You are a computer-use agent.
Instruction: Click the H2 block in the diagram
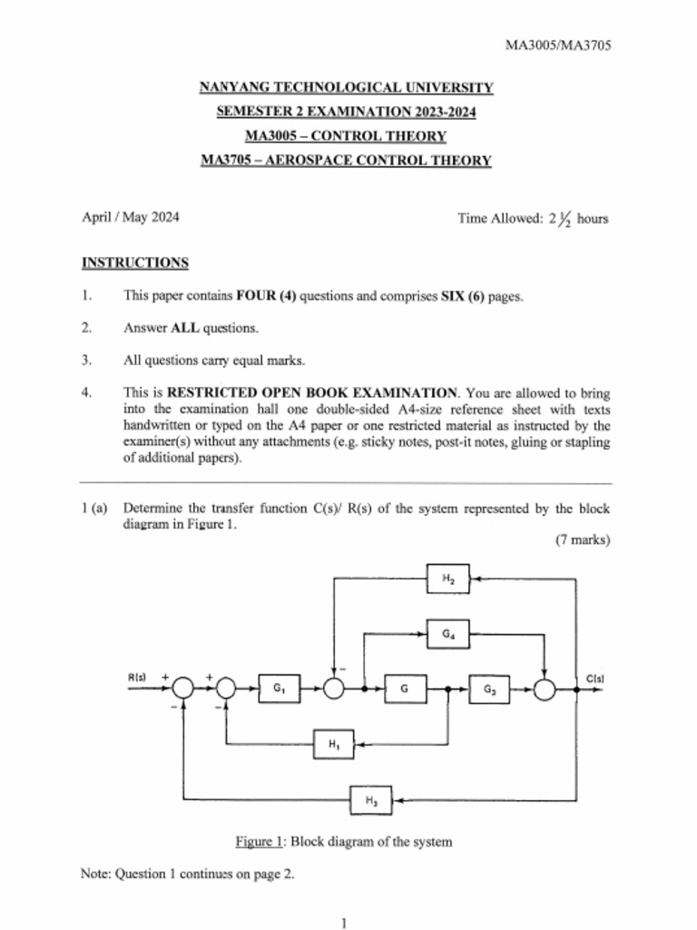pyautogui.click(x=448, y=578)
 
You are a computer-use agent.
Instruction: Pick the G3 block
pyautogui.click(x=490, y=690)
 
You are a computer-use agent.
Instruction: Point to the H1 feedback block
pyautogui.click(x=334, y=745)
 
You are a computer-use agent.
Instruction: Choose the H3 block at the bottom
pyautogui.click(x=372, y=800)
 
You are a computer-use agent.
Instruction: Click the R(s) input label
pyautogui.click(x=138, y=678)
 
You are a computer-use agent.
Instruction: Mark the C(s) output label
pyautogui.click(x=595, y=678)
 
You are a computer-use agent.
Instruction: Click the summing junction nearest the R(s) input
pyautogui.click(x=184, y=689)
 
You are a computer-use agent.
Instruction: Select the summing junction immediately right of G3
pyautogui.click(x=544, y=690)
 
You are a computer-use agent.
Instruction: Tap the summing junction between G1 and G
pyautogui.click(x=335, y=689)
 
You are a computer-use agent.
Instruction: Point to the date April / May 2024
pyautogui.click(x=131, y=217)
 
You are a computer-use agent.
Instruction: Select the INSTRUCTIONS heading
pyautogui.click(x=135, y=263)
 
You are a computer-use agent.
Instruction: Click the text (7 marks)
pyautogui.click(x=583, y=539)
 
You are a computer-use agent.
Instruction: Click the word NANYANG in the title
pyautogui.click(x=231, y=88)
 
